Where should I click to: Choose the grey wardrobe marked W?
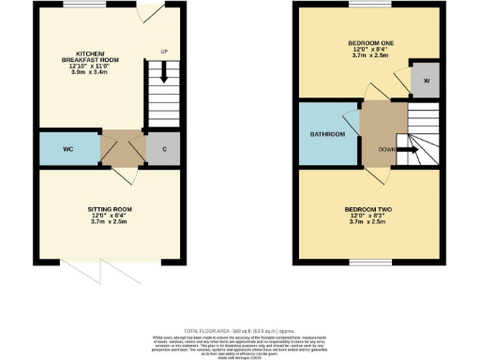tap(425, 79)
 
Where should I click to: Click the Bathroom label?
tap(328, 134)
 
